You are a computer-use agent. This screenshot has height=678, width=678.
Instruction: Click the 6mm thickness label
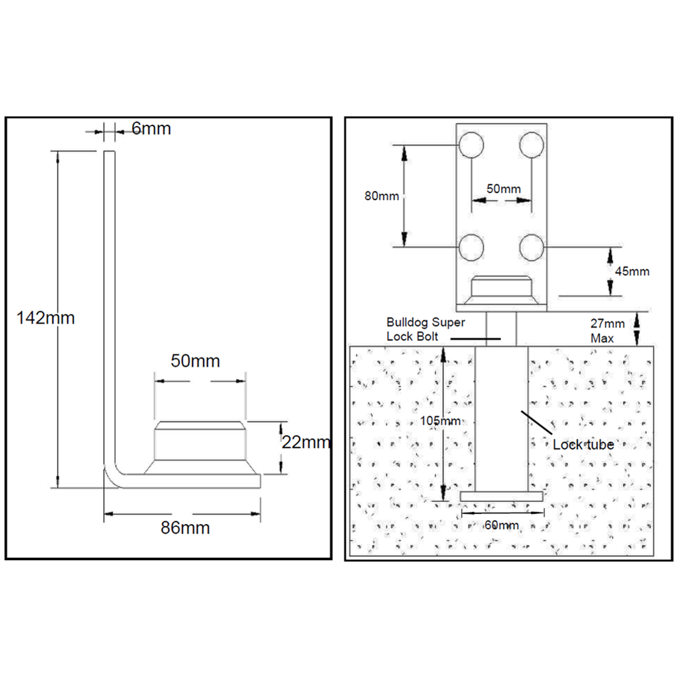coord(151,128)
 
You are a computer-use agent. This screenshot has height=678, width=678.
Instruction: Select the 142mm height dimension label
coord(45,318)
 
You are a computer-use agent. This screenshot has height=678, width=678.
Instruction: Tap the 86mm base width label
coord(185,528)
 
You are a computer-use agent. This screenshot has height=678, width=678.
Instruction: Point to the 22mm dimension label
coord(306,442)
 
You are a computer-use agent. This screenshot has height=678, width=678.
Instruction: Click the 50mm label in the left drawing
coord(195,361)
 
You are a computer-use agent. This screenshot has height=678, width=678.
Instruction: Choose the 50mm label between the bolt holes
coord(504,189)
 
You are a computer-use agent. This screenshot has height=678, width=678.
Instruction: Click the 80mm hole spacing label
coord(382,196)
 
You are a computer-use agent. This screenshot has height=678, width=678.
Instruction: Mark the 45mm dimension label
coord(632,272)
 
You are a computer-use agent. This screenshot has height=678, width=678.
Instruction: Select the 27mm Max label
coord(607,331)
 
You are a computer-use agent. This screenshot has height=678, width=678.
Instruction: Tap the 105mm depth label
coord(441,420)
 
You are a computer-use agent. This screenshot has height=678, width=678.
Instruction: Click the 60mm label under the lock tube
coord(502,525)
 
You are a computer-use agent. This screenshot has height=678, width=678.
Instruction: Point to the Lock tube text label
coord(583,445)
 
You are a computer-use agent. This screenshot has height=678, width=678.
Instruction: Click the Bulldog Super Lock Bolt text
coord(426,330)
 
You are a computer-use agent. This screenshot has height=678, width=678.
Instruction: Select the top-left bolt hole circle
coord(471,144)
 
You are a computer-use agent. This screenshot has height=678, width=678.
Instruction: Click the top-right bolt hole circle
coord(532,144)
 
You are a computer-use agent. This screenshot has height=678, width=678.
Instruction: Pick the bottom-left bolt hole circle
coord(471,247)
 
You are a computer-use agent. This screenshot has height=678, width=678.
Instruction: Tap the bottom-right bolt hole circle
coord(532,247)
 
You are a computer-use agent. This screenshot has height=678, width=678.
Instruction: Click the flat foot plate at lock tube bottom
coord(502,496)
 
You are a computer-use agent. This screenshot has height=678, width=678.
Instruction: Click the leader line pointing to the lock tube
coord(536,423)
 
